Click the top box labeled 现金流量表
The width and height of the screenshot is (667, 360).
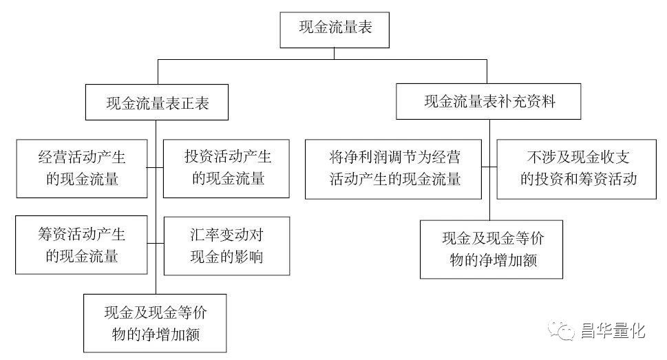[335, 30]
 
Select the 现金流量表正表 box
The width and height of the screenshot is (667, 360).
[156, 102]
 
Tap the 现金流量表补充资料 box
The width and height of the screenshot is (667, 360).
[488, 101]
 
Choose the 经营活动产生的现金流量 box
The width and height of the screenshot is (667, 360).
[82, 169]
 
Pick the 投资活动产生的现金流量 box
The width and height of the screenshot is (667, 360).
[226, 169]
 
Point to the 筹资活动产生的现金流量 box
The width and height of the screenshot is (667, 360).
[81, 244]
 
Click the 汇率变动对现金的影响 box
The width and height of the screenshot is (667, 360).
[226, 246]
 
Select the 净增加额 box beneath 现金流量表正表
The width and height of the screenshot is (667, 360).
[155, 324]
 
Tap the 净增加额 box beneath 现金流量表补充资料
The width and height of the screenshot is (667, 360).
[491, 249]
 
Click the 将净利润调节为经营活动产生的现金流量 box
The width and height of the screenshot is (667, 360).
[394, 169]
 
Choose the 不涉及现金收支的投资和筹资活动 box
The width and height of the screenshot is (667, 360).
[576, 169]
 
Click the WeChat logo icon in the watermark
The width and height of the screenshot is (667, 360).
[562, 330]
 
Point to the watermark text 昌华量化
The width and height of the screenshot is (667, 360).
[613, 331]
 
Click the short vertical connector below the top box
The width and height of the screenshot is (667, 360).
[335, 54]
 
